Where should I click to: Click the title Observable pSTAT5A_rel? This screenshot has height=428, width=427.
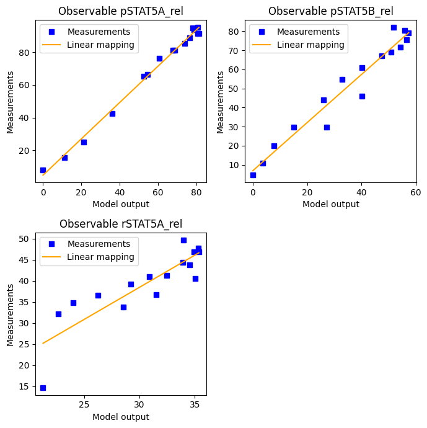pos(121,11)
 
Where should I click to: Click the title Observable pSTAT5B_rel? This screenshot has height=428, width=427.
pos(330,11)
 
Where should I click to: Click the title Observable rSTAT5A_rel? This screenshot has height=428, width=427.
pos(121,224)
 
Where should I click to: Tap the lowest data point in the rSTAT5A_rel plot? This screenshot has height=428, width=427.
pos(43,388)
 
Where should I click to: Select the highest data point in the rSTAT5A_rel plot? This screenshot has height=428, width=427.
pos(183,240)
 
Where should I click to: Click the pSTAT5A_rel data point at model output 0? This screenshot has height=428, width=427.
pos(43,170)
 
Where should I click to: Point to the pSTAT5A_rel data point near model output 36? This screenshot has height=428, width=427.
pos(112,114)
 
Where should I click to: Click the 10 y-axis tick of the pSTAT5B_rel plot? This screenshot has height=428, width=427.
pos(236,165)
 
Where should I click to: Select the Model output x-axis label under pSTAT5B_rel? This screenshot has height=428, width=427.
pos(330,204)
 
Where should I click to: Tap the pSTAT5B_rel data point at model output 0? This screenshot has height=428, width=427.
pos(253,175)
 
